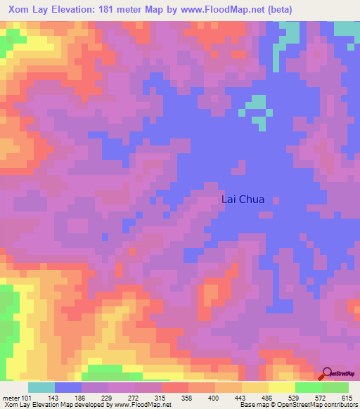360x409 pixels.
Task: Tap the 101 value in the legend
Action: click(27, 398)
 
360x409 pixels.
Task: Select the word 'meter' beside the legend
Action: click(11, 398)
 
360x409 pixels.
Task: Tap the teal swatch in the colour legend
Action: click(41, 387)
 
